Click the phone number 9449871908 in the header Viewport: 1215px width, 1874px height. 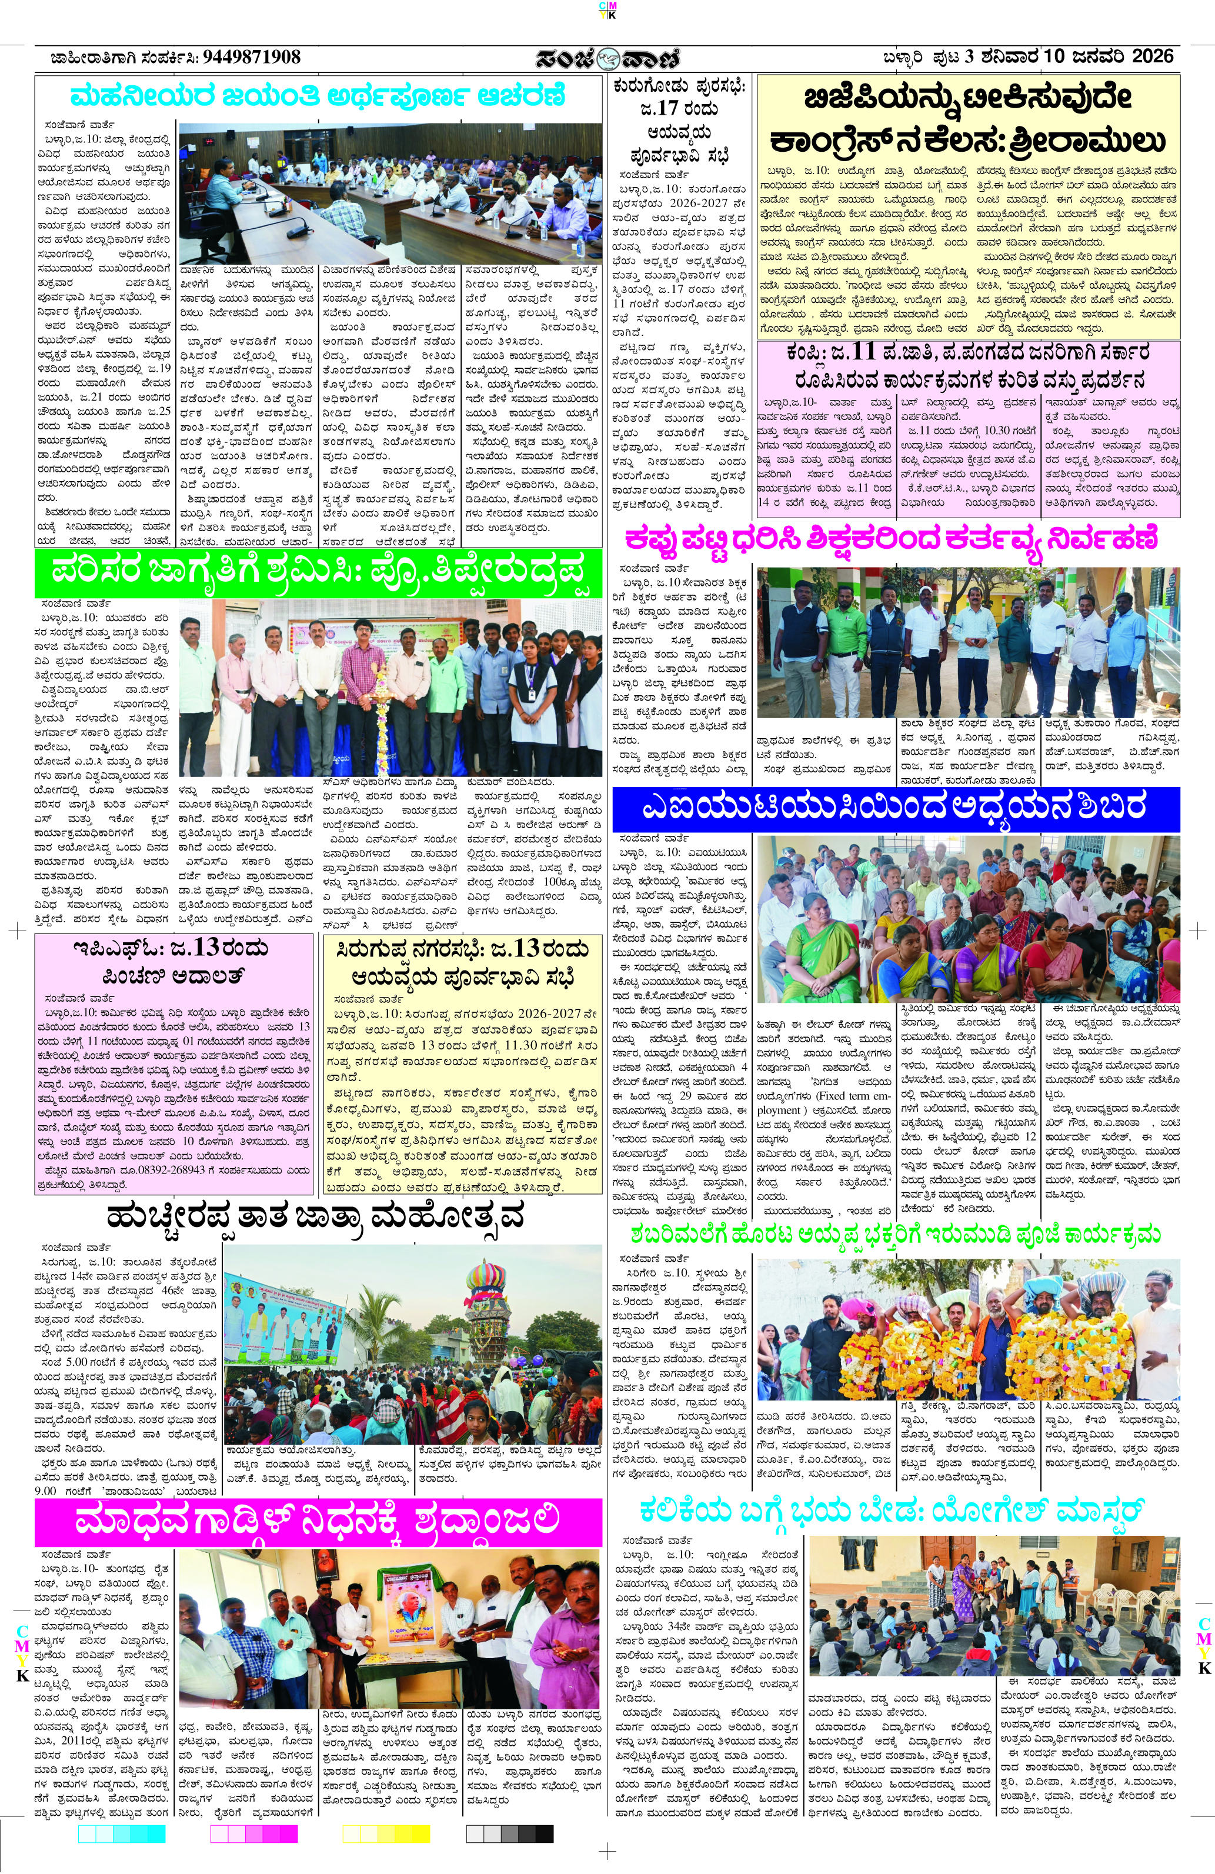pos(251,58)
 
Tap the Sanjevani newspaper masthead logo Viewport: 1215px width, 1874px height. pos(607,59)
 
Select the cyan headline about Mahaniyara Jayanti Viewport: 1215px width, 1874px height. pos(318,97)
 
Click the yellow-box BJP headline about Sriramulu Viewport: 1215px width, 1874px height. pos(968,119)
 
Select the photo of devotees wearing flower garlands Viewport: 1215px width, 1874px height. pos(968,1329)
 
